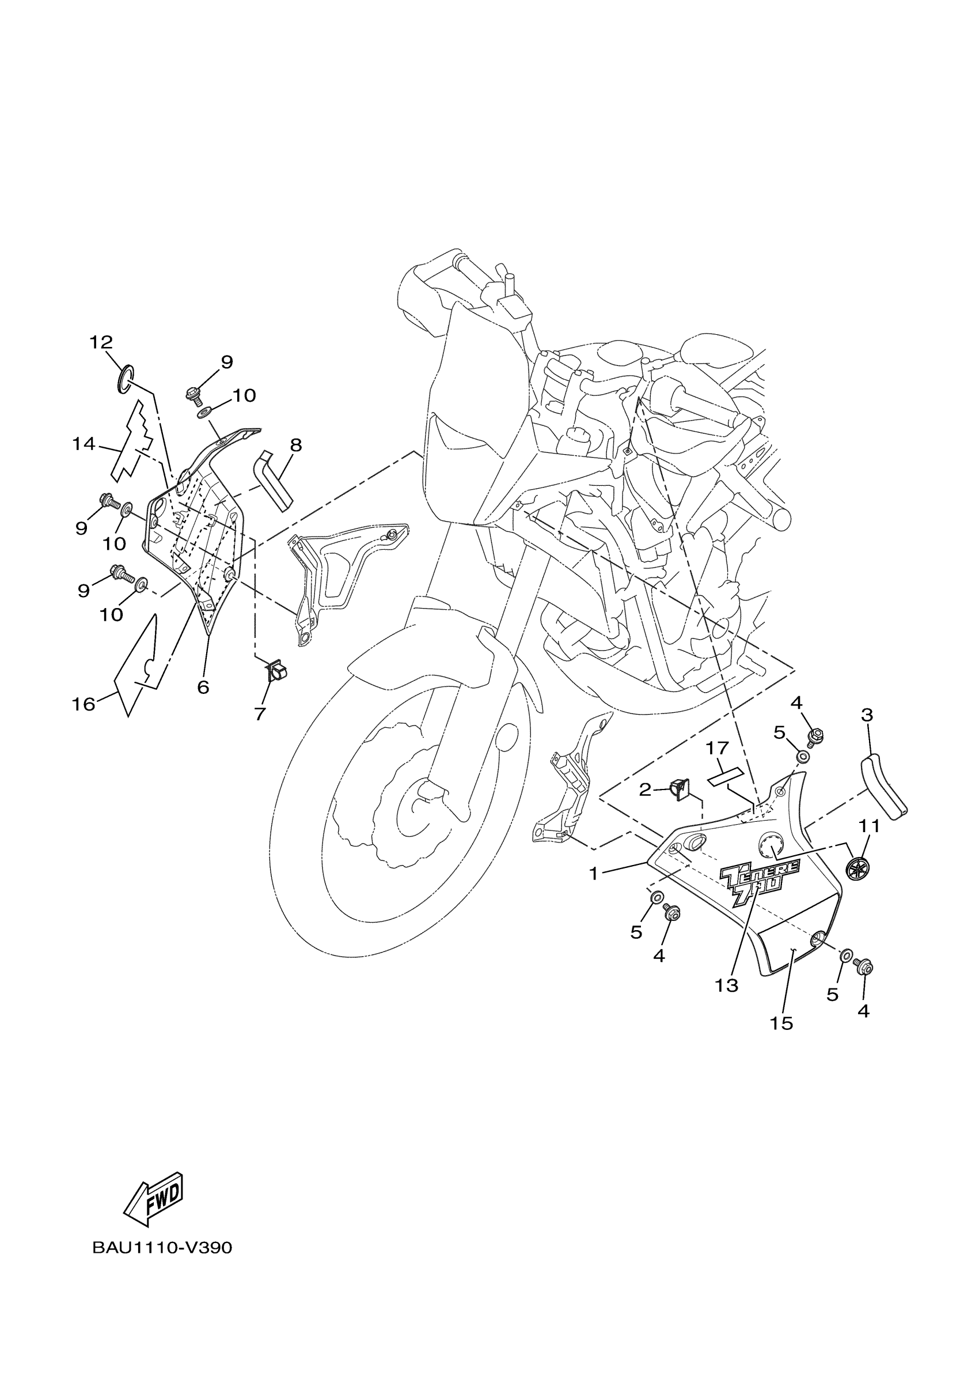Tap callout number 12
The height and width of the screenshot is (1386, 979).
pos(101,343)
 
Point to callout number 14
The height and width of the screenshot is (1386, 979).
pos(84,444)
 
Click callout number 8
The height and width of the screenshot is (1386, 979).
pos(295,445)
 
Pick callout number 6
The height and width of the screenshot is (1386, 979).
pos(203,687)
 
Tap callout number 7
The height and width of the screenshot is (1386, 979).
pos(259,714)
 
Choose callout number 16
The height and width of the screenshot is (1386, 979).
pos(84,704)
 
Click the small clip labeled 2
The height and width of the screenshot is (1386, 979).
pos(681,789)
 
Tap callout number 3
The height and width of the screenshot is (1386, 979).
pos(867,715)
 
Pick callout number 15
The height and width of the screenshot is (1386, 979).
pos(781,1023)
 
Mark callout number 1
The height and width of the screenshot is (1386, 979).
pos(594,874)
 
